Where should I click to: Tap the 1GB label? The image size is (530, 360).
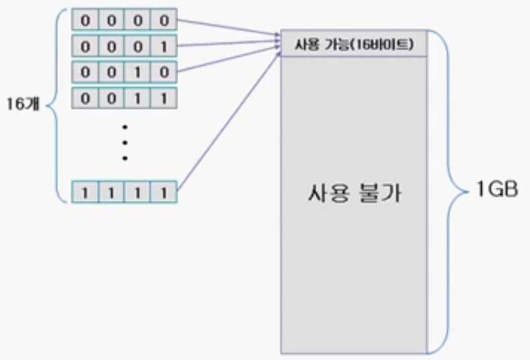pos(492,193)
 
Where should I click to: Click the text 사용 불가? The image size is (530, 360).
pos(354,196)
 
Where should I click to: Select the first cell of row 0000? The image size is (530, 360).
pos(84,21)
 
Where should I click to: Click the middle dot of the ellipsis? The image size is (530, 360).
pos(124,141)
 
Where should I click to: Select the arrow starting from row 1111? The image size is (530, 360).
pos(228,119)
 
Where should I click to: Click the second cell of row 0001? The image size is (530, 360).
pos(111,47)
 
